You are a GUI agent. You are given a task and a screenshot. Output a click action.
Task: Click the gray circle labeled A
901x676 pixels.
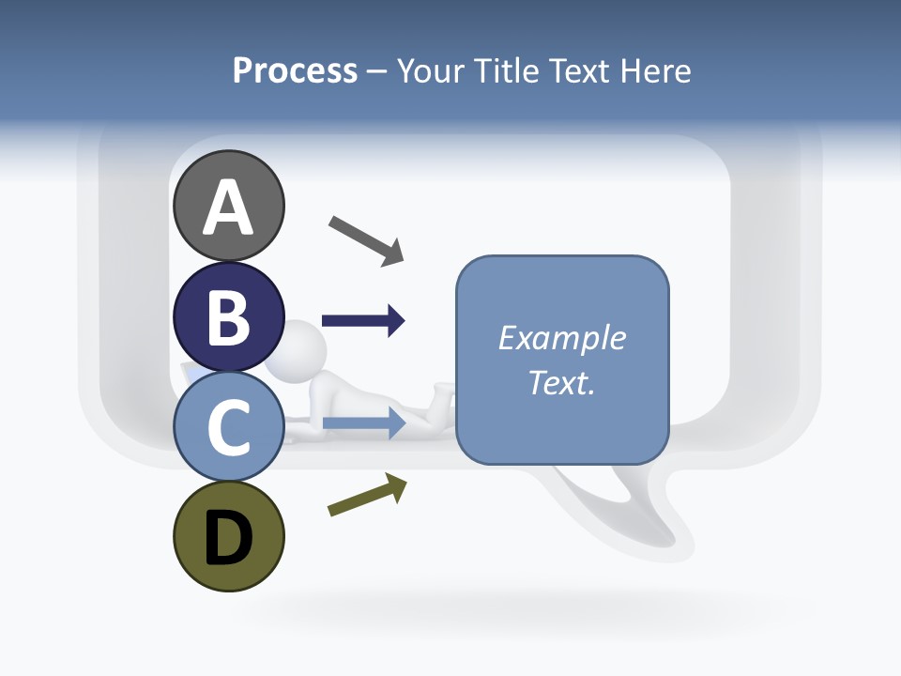[228, 206]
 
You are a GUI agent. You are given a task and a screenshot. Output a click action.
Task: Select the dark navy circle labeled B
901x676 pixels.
[228, 316]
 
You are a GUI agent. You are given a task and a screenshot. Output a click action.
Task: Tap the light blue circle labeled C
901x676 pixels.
[228, 426]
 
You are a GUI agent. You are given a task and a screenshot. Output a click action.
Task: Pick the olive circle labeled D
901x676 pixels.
[228, 536]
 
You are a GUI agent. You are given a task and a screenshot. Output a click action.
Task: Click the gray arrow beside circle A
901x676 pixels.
[366, 239]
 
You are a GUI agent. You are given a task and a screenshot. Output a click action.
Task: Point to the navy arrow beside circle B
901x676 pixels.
[363, 321]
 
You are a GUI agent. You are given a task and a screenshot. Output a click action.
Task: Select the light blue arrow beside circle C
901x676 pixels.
[363, 422]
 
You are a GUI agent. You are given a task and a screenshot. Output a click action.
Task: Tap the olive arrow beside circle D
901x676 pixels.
[367, 495]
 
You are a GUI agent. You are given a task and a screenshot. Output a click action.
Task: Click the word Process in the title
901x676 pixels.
[295, 70]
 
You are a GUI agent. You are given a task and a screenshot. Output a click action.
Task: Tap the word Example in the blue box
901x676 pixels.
[561, 338]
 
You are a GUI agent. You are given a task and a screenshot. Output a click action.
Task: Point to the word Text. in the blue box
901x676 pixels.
[561, 383]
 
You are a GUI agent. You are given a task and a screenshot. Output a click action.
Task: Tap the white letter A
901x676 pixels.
[228, 207]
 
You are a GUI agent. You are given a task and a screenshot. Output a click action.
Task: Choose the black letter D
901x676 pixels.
[228, 538]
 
